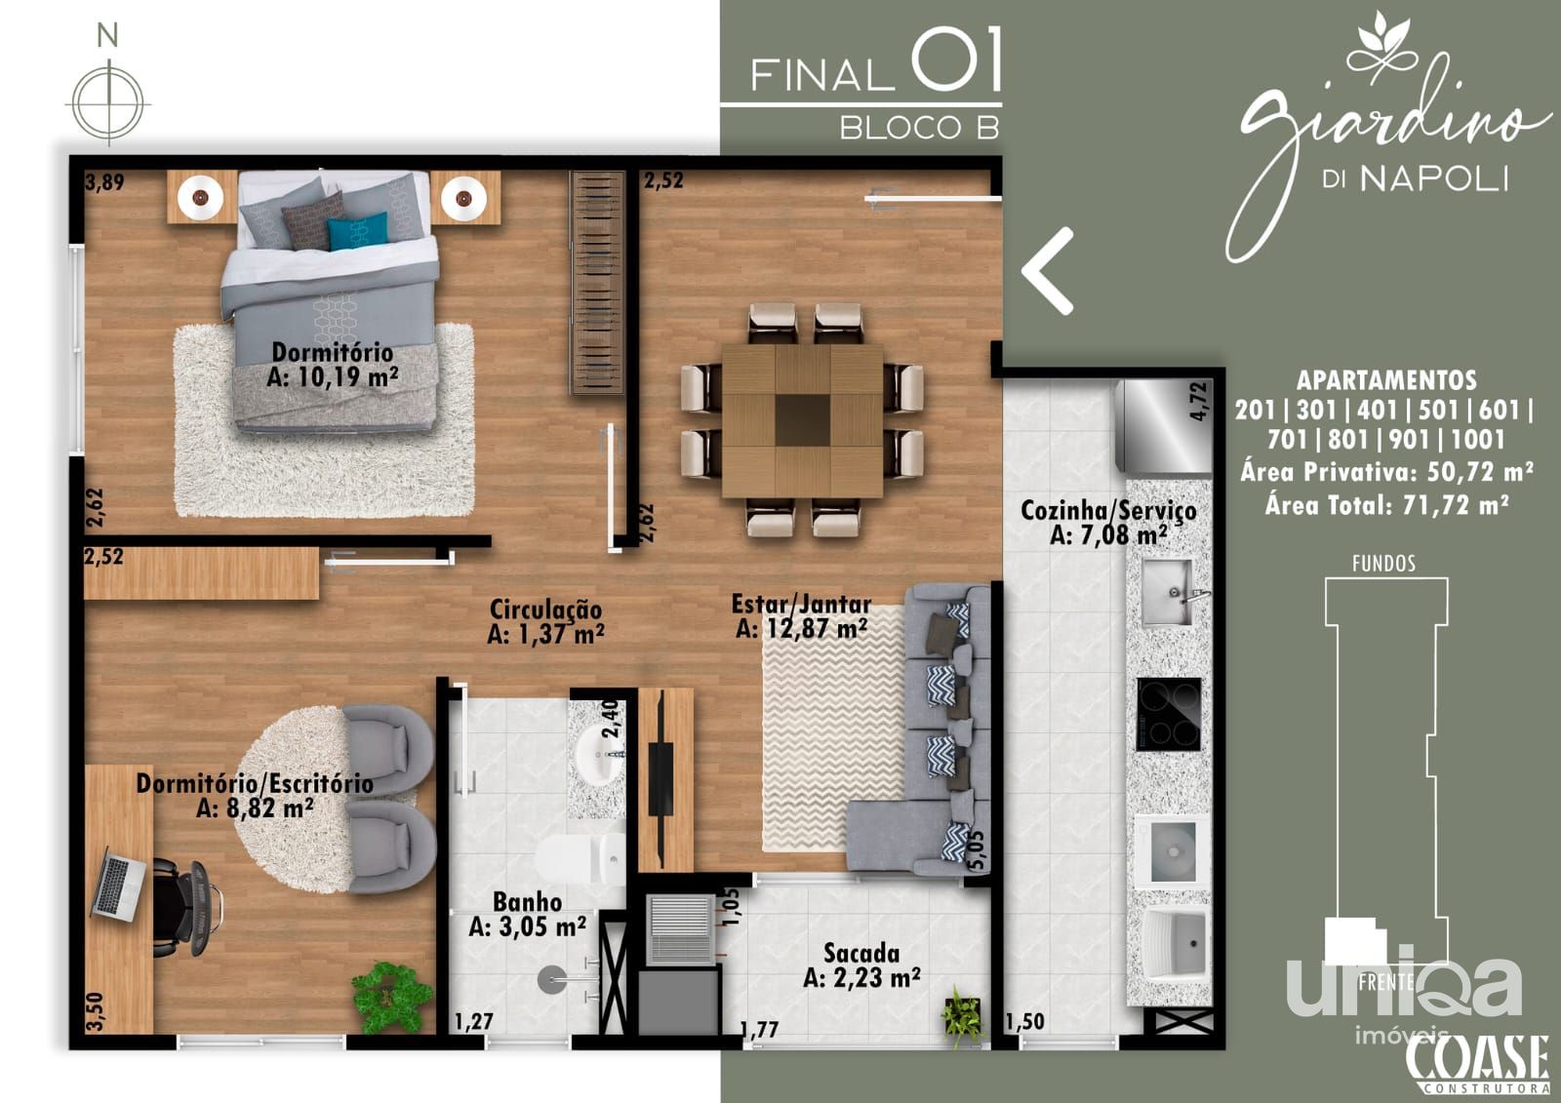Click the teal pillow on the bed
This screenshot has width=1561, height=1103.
point(357,230)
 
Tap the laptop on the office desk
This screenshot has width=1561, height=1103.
point(118,885)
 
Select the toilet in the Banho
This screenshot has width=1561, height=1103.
point(580,859)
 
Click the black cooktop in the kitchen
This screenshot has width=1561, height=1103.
point(1169,714)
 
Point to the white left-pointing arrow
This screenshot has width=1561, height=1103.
point(1047,271)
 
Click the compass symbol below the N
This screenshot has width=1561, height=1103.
point(108,102)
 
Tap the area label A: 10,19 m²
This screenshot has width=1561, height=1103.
point(333,377)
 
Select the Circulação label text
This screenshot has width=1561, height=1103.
point(545,609)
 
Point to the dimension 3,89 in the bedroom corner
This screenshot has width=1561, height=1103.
point(104,181)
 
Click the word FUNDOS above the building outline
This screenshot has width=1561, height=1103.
point(1384,563)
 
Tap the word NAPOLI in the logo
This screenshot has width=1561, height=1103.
point(1435,179)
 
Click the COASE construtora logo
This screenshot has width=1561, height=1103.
point(1477,1065)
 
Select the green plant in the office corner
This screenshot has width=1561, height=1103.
point(391,998)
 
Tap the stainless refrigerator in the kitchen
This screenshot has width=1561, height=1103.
point(1163,426)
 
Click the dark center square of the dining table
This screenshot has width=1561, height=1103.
point(802,420)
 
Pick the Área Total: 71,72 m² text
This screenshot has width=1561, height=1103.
point(1386,504)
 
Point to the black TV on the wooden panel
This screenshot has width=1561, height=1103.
point(660,779)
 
